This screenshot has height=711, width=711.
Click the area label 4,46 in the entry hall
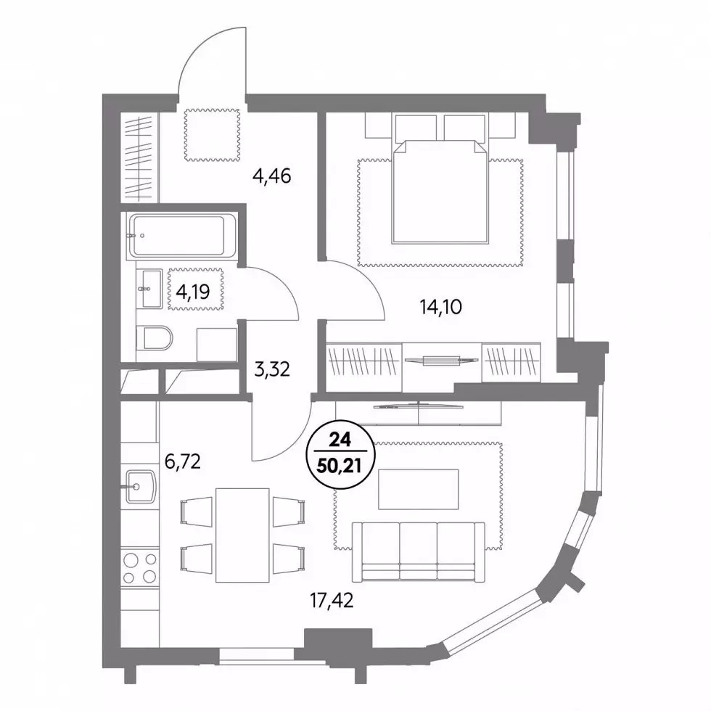pos(271,176)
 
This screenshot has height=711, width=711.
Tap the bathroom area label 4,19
pos(193,292)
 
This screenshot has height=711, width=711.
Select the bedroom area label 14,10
pos(441,307)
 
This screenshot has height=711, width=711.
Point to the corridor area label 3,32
pos(272,369)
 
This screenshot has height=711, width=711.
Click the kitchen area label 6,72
pos(182,462)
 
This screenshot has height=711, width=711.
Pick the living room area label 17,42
pos(332,601)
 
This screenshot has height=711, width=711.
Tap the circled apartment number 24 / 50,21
pos(341,456)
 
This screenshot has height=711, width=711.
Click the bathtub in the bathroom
pos(177,236)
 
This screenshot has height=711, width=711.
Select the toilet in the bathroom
pos(154,338)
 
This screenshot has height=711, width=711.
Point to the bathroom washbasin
pos(149,289)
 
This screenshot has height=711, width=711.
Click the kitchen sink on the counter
pos(140,487)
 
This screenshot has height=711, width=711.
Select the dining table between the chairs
pos(242,535)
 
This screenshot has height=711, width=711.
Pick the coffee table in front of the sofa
pos(418,490)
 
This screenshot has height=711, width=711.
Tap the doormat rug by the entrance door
pos(212,135)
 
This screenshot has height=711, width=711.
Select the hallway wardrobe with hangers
pos(139,157)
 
